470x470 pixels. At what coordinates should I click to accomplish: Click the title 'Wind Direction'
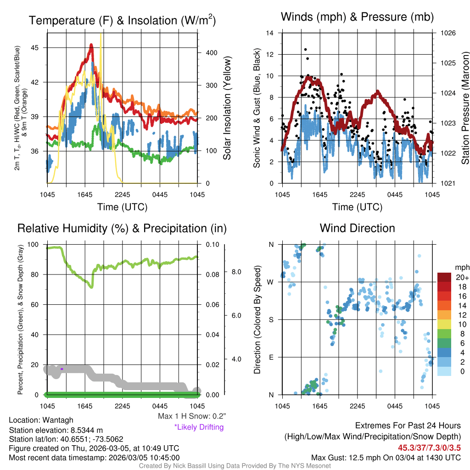coord(357,228)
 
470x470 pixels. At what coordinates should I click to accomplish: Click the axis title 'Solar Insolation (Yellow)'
coord(227,108)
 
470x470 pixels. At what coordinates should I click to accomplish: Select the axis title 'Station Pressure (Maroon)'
coord(464,108)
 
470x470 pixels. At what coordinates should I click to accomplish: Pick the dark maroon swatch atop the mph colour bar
coord(445,278)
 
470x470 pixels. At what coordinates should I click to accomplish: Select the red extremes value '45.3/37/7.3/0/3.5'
coord(429,448)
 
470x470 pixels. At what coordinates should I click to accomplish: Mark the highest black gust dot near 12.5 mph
coord(305,50)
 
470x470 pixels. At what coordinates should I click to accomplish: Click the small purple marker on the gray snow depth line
coord(62,369)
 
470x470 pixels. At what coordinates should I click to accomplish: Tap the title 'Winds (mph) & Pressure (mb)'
coord(357,17)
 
